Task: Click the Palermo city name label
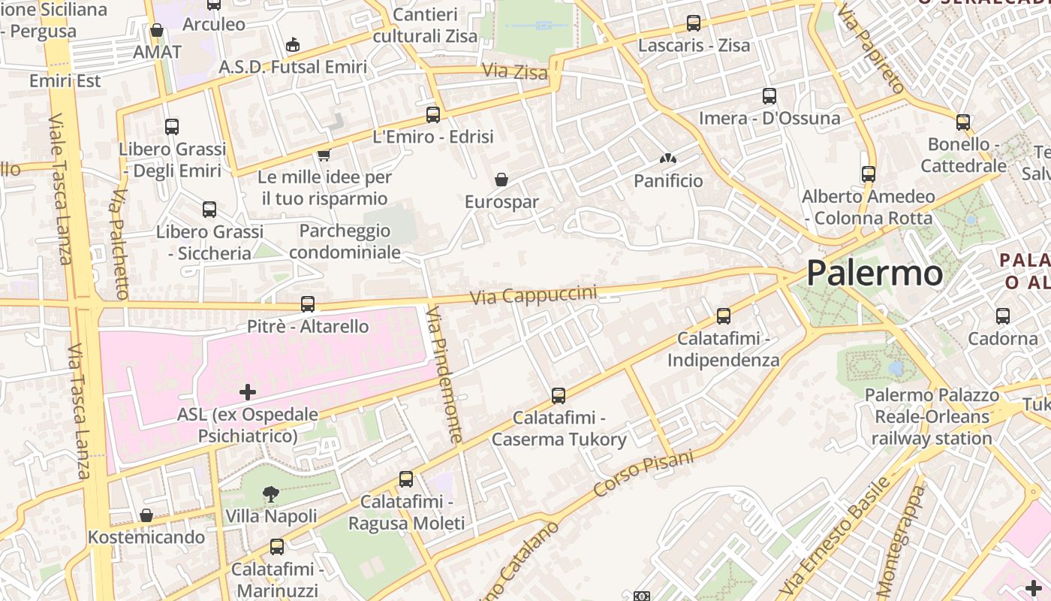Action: click(875, 273)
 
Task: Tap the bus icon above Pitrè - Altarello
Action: click(308, 304)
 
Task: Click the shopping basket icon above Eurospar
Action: click(501, 180)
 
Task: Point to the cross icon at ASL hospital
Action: click(248, 391)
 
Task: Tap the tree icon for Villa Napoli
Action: click(270, 494)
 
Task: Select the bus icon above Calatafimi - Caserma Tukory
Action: click(559, 395)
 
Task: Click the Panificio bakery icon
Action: click(667, 159)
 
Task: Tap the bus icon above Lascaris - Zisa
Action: click(694, 23)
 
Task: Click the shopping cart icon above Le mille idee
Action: click(324, 154)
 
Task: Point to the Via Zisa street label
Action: click(515, 71)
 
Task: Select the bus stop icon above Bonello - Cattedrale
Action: click(963, 122)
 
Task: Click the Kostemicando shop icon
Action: click(146, 515)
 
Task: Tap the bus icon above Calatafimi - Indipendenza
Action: click(724, 316)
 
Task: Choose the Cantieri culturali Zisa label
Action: click(425, 25)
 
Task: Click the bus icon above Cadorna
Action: click(1003, 316)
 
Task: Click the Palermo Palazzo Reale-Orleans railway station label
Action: click(932, 416)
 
